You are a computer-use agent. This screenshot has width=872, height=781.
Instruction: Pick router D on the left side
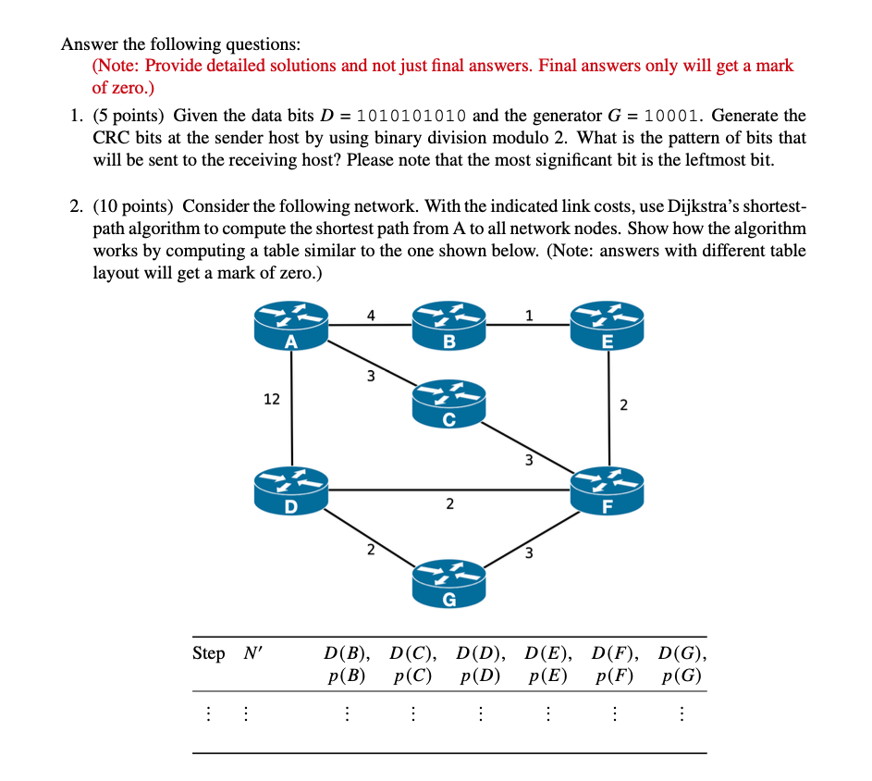pyautogui.click(x=291, y=491)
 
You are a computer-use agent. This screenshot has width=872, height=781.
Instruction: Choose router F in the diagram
pyautogui.click(x=607, y=491)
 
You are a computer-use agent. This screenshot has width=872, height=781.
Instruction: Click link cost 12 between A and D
pyautogui.click(x=271, y=399)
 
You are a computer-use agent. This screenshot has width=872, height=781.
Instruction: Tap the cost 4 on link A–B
pyautogui.click(x=370, y=315)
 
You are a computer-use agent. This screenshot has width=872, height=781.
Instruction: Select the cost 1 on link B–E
pyautogui.click(x=528, y=315)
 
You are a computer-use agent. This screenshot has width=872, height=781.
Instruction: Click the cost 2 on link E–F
pyautogui.click(x=623, y=404)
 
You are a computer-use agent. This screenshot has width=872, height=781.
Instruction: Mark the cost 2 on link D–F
pyautogui.click(x=449, y=504)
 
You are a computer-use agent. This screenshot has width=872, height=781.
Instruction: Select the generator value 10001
pyautogui.click(x=673, y=117)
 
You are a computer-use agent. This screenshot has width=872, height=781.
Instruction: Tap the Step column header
pyautogui.click(x=208, y=653)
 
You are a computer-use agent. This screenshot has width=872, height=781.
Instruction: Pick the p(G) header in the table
pyautogui.click(x=682, y=676)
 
